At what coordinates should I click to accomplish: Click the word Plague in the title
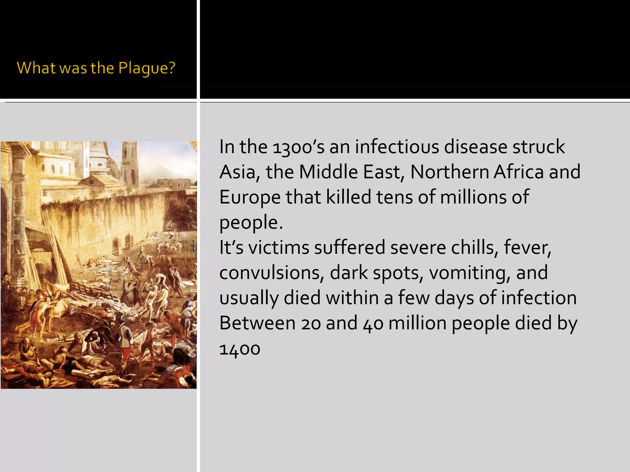coord(146,68)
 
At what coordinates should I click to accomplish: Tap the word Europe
coord(249,197)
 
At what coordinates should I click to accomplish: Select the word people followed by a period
coord(250,222)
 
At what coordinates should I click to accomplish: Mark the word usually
coord(249,298)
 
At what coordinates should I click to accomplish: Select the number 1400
coord(240,349)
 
